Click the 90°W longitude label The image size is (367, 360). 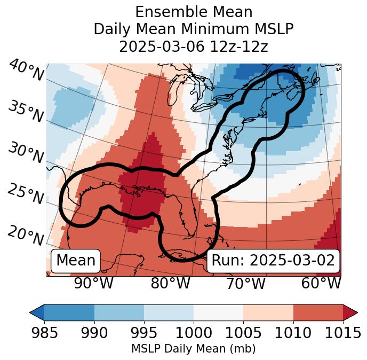[x=94, y=284]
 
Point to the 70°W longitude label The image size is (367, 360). [x=246, y=284]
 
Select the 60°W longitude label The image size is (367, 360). [x=321, y=284]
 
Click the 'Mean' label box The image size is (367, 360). [x=76, y=261]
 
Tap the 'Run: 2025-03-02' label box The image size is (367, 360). [x=273, y=261]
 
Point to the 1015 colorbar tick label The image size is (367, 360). [x=342, y=333]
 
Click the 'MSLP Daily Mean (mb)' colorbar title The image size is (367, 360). [x=193, y=349]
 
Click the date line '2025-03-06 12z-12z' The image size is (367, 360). [x=194, y=46]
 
